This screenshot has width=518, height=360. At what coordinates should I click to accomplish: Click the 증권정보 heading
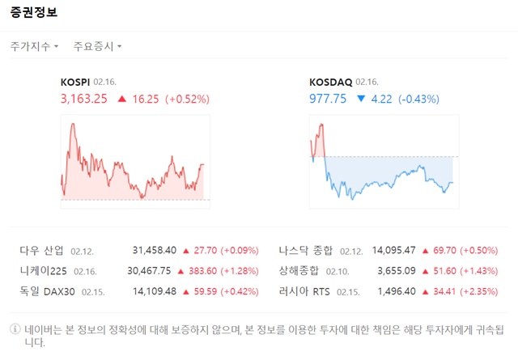point(34,14)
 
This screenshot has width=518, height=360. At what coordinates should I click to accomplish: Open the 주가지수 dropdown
point(34,46)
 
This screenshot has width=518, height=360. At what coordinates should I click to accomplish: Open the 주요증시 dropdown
point(97,46)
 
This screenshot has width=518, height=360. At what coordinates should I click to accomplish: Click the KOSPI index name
point(75,82)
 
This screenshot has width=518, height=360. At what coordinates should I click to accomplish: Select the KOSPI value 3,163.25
point(84,99)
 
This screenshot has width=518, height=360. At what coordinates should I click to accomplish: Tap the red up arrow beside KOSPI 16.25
point(121,99)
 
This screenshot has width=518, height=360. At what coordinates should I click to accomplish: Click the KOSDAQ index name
point(330,82)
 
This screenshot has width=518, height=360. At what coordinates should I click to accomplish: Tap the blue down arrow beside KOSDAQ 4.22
point(360,99)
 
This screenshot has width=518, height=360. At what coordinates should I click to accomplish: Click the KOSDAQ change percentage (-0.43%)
point(418,99)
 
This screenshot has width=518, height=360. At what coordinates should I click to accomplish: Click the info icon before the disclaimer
point(14,329)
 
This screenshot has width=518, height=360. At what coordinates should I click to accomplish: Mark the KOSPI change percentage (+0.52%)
point(187,99)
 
